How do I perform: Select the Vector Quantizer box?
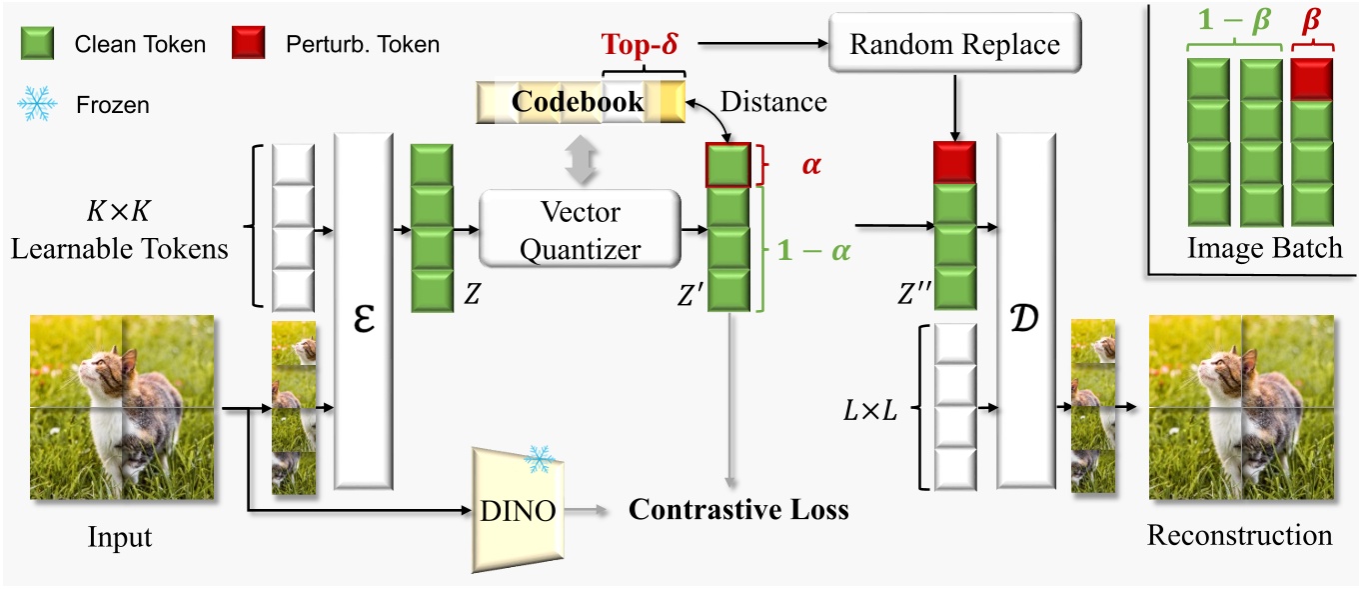point(581,229)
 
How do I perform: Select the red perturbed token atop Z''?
point(954,161)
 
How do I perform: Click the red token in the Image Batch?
point(1311,79)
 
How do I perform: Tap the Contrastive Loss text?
point(737,509)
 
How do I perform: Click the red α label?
point(810,163)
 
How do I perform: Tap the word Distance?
point(773,101)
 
